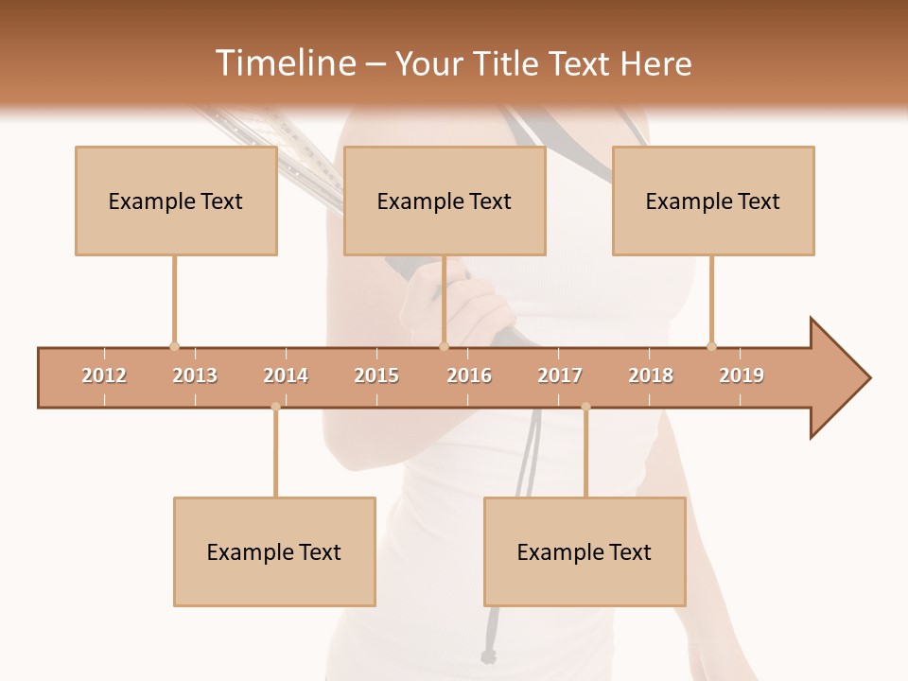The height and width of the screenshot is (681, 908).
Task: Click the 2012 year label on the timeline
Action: click(x=104, y=375)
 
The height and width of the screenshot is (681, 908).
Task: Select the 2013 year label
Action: click(x=195, y=375)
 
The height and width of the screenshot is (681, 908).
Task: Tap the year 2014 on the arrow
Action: click(x=286, y=375)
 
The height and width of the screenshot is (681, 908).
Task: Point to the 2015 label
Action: click(x=376, y=375)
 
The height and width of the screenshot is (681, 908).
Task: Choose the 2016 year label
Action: click(x=469, y=375)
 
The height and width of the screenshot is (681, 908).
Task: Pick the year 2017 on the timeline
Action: click(x=560, y=375)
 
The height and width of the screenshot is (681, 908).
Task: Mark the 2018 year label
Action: click(x=651, y=375)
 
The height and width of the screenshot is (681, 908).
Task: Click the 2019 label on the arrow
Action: click(x=742, y=375)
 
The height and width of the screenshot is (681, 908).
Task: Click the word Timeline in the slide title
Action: click(x=284, y=63)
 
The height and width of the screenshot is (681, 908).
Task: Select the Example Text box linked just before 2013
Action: click(x=176, y=201)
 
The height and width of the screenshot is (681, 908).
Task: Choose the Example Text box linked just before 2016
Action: click(x=445, y=201)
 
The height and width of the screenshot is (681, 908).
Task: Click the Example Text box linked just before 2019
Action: click(x=713, y=201)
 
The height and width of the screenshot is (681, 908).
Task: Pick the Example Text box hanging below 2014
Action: click(x=274, y=551)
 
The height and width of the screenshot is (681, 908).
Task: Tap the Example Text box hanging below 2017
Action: click(x=585, y=551)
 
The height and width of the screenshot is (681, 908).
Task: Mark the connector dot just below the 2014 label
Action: click(x=275, y=407)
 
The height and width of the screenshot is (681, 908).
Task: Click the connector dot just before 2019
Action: click(x=711, y=346)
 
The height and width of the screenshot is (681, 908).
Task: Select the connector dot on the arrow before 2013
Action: click(x=174, y=346)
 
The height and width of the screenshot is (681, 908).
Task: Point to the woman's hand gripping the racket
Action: click(x=463, y=307)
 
